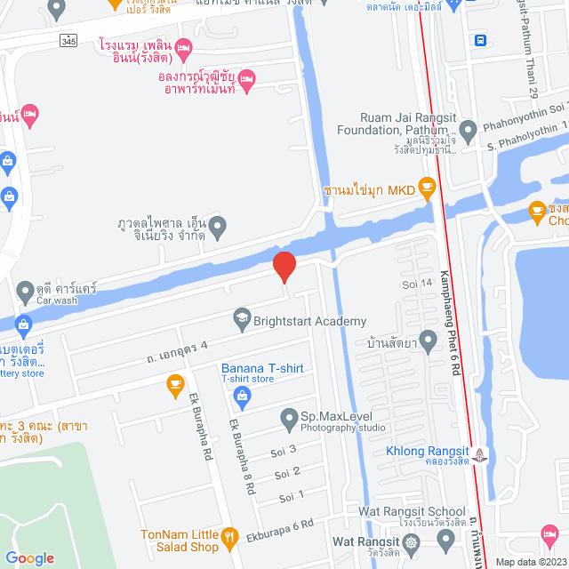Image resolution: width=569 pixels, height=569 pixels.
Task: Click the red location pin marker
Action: click(x=284, y=266)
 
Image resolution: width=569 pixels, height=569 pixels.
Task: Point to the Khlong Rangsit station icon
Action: click(x=481, y=454)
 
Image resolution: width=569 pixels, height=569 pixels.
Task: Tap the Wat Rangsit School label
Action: click(x=412, y=511)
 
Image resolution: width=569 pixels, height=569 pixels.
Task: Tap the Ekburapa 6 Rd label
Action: click(x=282, y=524)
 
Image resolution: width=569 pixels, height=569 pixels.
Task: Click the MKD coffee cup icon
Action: click(x=428, y=186)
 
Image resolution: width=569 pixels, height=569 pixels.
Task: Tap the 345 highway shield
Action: click(x=68, y=41)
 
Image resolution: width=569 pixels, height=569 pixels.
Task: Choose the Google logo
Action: click(x=30, y=557)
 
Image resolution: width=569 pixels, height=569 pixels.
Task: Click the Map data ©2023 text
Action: click(x=530, y=562)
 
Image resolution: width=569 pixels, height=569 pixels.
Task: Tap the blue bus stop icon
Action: click(x=480, y=40)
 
